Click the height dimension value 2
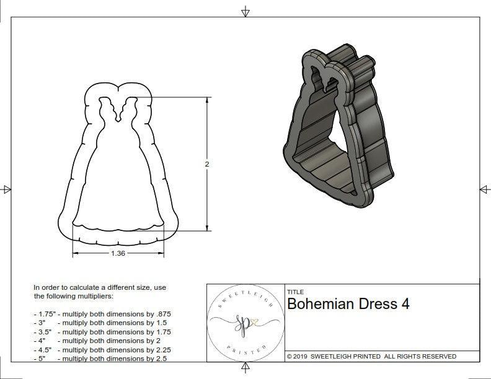point(206,164)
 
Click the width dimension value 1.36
point(118,253)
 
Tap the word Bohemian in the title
point(321,304)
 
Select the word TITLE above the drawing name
point(295,292)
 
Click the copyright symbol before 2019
point(290,357)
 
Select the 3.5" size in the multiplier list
point(43,332)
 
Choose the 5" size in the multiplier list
point(40,359)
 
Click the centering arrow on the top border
point(245,11)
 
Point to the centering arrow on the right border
point(484,189)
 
